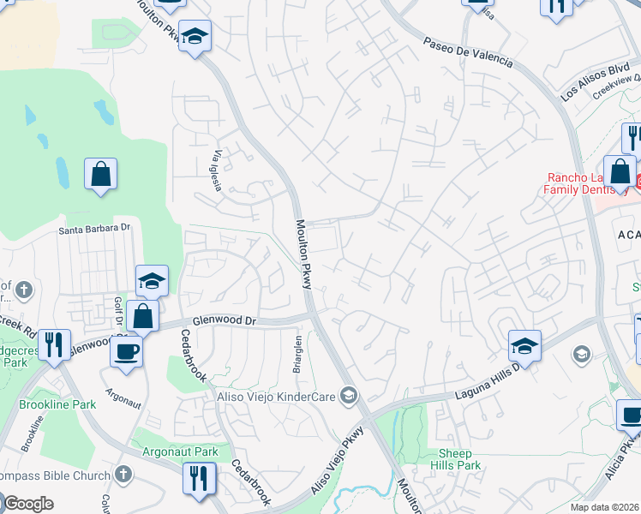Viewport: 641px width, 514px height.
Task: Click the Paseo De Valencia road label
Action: (x=468, y=51)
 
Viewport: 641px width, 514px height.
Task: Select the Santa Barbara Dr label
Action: (x=94, y=229)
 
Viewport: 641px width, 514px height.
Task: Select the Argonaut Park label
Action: (x=181, y=451)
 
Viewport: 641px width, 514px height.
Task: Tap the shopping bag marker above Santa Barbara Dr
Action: (x=101, y=175)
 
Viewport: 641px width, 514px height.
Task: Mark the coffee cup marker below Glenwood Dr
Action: (x=127, y=351)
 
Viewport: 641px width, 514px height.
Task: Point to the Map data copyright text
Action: (x=604, y=507)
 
